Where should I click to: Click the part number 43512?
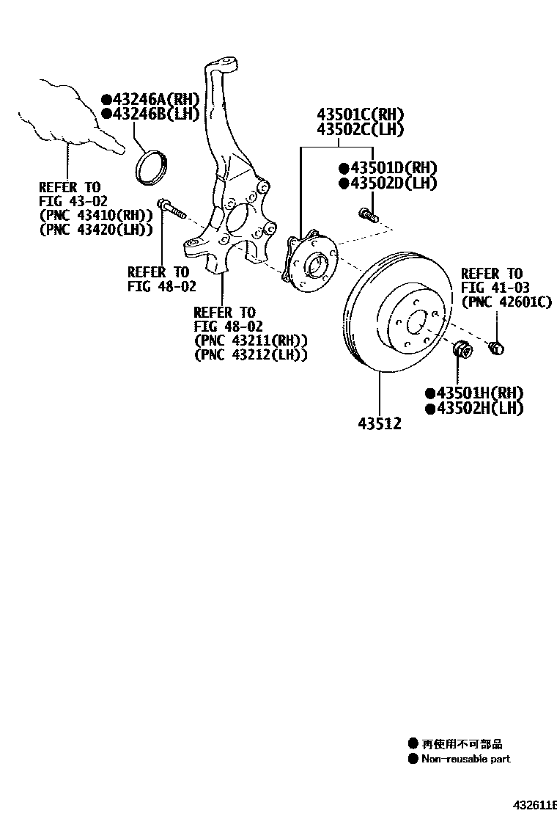(380, 423)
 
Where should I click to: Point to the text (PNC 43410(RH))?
(95, 215)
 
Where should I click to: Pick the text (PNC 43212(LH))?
(251, 354)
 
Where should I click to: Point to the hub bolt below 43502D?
(367, 214)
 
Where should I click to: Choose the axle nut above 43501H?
(463, 350)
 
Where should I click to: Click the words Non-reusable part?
(465, 759)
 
